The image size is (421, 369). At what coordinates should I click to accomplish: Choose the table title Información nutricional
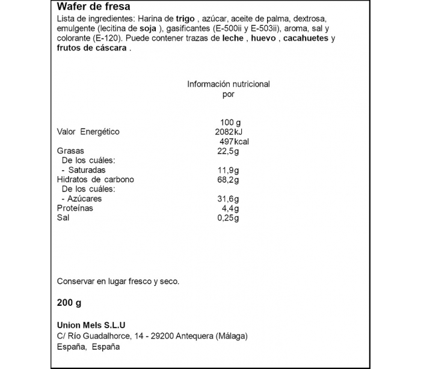[229, 84]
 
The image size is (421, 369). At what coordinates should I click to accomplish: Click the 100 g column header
[230, 122]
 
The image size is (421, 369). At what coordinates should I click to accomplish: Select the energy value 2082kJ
[228, 132]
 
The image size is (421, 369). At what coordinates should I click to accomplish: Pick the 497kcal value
[235, 141]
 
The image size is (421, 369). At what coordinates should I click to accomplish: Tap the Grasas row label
[70, 151]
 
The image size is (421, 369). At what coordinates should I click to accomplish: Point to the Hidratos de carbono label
[95, 180]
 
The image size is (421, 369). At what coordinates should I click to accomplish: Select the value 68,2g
[228, 180]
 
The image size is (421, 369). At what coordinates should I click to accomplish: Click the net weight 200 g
[69, 302]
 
